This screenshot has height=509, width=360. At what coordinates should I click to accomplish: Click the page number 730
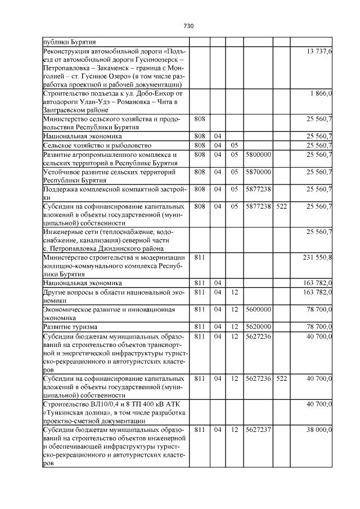pyautogui.click(x=188, y=26)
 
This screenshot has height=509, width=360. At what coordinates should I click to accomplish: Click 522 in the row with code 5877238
pyautogui.click(x=282, y=206)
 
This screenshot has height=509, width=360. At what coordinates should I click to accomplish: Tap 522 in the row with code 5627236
pyautogui.click(x=282, y=379)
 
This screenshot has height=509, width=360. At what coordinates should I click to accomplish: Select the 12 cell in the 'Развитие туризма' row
pyautogui.click(x=234, y=326)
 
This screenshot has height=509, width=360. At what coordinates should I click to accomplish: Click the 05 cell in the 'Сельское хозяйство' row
pyautogui.click(x=234, y=145)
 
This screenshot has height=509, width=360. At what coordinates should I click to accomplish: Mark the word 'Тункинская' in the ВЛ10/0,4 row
pyautogui.click(x=67, y=412)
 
